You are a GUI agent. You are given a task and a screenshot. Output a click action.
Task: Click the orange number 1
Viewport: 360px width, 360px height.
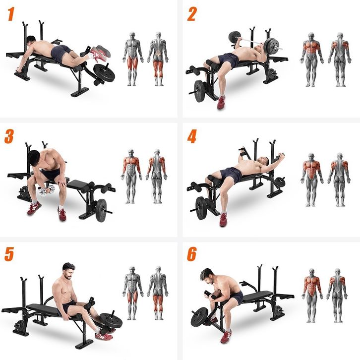pos(10,14)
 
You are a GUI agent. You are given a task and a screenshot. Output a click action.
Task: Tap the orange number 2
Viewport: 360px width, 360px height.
pos(192,14)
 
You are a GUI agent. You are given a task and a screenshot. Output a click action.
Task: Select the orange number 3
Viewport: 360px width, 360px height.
pos(9,136)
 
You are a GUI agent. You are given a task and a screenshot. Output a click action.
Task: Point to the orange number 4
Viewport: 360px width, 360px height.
pos(192,136)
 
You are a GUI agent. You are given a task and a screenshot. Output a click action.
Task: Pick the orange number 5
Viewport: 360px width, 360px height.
pos(9,254)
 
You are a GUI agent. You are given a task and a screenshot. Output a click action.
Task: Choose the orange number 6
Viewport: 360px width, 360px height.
pos(192,254)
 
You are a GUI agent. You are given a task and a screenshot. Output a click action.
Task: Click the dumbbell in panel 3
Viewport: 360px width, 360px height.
pos(47,190)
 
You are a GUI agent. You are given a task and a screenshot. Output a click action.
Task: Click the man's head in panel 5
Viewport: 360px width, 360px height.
pos(68,271)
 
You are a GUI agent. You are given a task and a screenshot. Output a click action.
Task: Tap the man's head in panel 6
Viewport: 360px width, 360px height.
pos(207,275)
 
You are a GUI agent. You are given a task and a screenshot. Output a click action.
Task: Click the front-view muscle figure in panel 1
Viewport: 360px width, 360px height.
pos(132,59)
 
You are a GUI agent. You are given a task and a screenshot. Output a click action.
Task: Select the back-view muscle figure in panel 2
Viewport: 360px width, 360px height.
pos(340,60)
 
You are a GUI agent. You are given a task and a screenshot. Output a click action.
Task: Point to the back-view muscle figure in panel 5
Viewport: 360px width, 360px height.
pos(158,293)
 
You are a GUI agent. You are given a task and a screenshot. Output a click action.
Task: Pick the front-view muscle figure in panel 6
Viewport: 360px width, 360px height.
pos(312,295)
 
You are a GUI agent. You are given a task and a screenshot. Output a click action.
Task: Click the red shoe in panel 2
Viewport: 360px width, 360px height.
pos(221,103)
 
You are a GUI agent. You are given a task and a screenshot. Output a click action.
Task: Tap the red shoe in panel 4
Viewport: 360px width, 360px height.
pos(223,220)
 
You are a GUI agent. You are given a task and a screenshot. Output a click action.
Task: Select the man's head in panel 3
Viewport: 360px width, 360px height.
pos(34,158)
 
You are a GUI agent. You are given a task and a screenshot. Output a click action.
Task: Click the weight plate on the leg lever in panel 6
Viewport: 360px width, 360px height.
pos(200,316)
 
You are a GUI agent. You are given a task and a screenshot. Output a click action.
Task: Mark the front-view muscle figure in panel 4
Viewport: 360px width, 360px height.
pos(311,180)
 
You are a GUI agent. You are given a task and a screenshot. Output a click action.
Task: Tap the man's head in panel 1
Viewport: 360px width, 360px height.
pos(31,41)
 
